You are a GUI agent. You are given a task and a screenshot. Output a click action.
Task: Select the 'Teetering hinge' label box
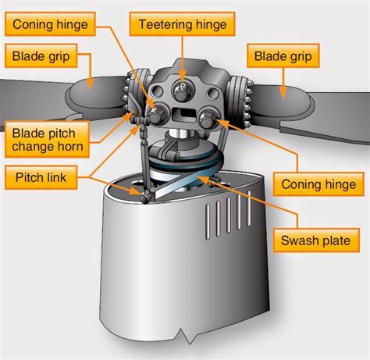[182, 24]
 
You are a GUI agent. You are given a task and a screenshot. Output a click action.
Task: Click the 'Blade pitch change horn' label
[47, 138]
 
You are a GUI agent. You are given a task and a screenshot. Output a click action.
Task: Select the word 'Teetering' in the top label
[166, 24]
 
